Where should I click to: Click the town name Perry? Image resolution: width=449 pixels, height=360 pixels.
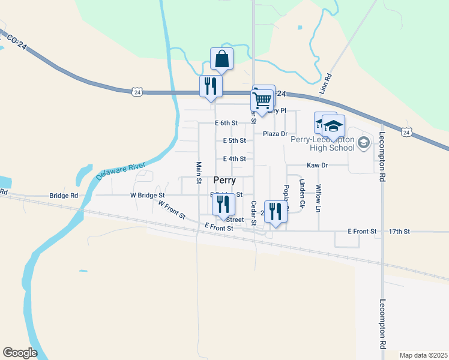tap(224, 180)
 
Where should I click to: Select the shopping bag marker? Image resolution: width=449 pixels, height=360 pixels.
tap(221, 59)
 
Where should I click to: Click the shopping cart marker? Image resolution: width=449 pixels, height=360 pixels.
tap(262, 100)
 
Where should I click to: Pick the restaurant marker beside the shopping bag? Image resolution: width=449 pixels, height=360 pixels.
tap(211, 86)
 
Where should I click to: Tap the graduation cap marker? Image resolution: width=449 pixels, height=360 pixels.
tap(333, 126)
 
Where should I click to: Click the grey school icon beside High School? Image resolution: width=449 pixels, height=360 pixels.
tap(363, 143)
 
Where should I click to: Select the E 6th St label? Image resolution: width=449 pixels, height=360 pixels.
tap(226, 123)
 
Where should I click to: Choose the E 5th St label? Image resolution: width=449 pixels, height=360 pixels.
tap(234, 141)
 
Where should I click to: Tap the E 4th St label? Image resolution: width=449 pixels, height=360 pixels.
tap(234, 159)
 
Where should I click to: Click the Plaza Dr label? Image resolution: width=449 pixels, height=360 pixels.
tap(275, 134)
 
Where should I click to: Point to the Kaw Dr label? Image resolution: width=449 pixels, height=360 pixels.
tap(317, 165)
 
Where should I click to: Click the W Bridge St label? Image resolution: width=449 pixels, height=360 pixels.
tap(147, 196)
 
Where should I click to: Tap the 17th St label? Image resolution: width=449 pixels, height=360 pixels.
tap(399, 231)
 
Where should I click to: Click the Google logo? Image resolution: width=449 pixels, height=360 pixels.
tap(20, 353)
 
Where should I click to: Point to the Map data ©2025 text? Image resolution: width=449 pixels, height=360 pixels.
tap(423, 355)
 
